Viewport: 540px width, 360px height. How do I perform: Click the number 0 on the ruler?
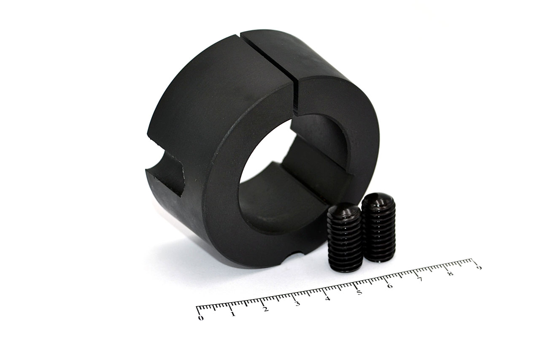pyautogui.click(x=200, y=318)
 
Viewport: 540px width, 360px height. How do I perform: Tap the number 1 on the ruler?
pyautogui.click(x=233, y=314)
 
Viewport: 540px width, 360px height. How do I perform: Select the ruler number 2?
pyautogui.click(x=265, y=309)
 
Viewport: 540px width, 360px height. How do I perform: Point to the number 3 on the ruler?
pyautogui.click(x=297, y=303)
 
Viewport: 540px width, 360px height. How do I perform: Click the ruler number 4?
pyautogui.click(x=327, y=298)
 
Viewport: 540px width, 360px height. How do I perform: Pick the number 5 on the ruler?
pyautogui.click(x=359, y=292)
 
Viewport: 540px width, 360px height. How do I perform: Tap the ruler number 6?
pyautogui.click(x=390, y=286)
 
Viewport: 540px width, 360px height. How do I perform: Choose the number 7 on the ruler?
pyautogui.click(x=420, y=279)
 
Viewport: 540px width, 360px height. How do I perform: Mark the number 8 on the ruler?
pyautogui.click(x=450, y=273)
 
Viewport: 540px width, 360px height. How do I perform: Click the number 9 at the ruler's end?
pyautogui.click(x=479, y=268)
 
